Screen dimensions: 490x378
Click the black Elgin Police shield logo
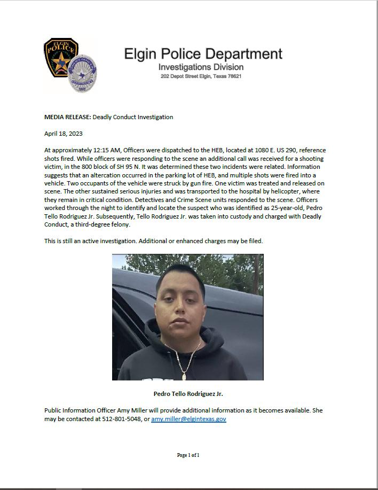pyautogui.click(x=60, y=58)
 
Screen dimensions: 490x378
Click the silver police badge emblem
pyautogui.click(x=83, y=74)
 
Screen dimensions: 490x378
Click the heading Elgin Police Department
pyautogui.click(x=203, y=54)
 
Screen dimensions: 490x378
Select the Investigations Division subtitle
pyautogui.click(x=201, y=67)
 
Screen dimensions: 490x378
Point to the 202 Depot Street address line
pyautogui.click(x=201, y=76)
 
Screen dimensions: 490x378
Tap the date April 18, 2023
pyautogui.click(x=64, y=134)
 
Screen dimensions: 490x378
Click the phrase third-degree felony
pyautogui.click(x=105, y=224)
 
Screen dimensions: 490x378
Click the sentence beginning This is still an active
pyautogui.click(x=153, y=241)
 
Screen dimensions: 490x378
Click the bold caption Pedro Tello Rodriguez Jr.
pyautogui.click(x=188, y=394)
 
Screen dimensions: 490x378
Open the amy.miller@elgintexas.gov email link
pyautogui.click(x=188, y=419)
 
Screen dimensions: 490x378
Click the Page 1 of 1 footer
pyautogui.click(x=188, y=455)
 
